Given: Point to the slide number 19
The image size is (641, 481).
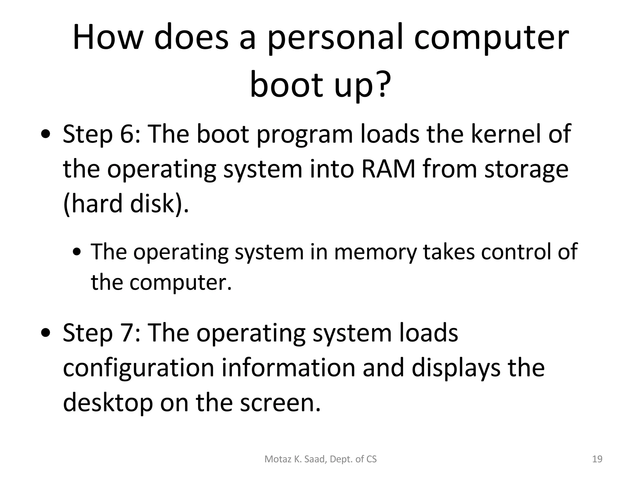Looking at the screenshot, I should (597, 459).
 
